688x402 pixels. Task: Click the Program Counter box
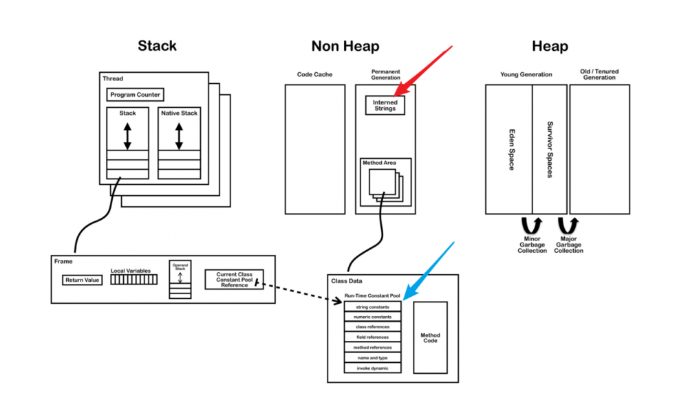[135, 95]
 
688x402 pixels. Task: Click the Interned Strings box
[385, 105]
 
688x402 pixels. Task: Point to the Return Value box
[82, 280]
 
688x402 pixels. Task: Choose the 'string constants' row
[373, 306]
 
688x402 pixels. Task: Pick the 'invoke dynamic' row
[373, 368]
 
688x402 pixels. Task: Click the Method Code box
[430, 337]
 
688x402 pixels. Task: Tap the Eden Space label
[510, 148]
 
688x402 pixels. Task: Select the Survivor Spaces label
[550, 149]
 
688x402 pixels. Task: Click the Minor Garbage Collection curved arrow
[533, 225]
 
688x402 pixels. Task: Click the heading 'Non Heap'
[345, 46]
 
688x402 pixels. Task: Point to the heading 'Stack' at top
[157, 46]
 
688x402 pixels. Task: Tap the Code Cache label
[310, 74]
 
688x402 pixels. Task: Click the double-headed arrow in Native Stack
[179, 136]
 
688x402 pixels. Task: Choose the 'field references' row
[373, 337]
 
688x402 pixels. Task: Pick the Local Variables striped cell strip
[133, 280]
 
